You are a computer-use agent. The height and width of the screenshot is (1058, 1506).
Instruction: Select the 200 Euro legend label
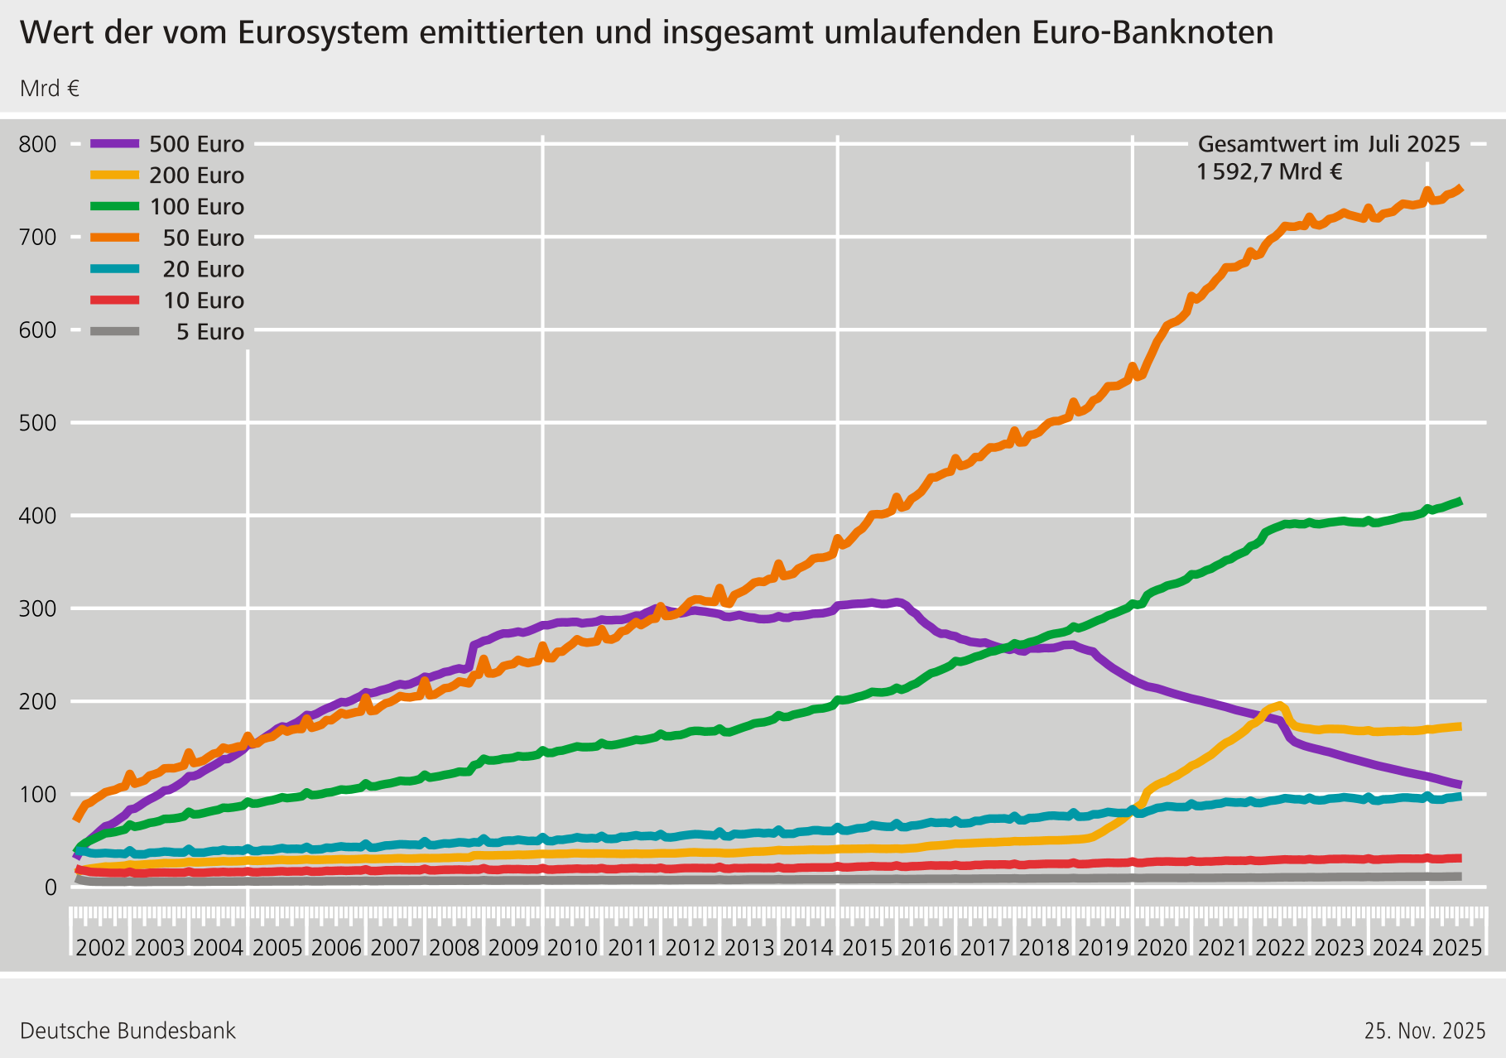pos(196,176)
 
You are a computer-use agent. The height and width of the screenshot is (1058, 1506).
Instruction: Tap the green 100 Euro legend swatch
pos(115,206)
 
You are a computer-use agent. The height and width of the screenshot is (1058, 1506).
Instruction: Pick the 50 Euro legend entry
pos(203,238)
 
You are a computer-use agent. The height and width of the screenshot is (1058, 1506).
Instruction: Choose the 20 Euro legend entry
pos(203,269)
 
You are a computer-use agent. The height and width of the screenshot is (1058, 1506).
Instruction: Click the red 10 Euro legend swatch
pos(115,300)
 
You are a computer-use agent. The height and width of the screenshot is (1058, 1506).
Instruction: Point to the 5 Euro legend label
pos(209,332)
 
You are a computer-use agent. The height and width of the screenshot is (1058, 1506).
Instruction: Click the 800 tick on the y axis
pos(38,144)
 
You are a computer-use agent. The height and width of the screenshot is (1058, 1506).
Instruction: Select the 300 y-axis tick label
pos(38,608)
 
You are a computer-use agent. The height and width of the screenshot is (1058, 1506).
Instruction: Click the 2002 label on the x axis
pos(100,948)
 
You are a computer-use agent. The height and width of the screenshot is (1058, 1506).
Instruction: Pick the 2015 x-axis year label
pos(867,948)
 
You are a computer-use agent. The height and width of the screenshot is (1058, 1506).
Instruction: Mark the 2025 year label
pos(1456,948)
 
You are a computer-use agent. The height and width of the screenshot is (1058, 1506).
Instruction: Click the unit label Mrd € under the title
pos(50,89)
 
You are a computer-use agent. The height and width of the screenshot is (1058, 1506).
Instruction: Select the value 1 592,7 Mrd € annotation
pos(1269,172)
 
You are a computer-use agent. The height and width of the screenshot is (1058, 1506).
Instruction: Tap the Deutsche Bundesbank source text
pos(128,1031)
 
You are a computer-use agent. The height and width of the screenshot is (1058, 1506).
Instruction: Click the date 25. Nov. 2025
pos(1425,1031)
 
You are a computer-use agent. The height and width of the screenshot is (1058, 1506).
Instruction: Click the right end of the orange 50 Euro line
pos(1460,189)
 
